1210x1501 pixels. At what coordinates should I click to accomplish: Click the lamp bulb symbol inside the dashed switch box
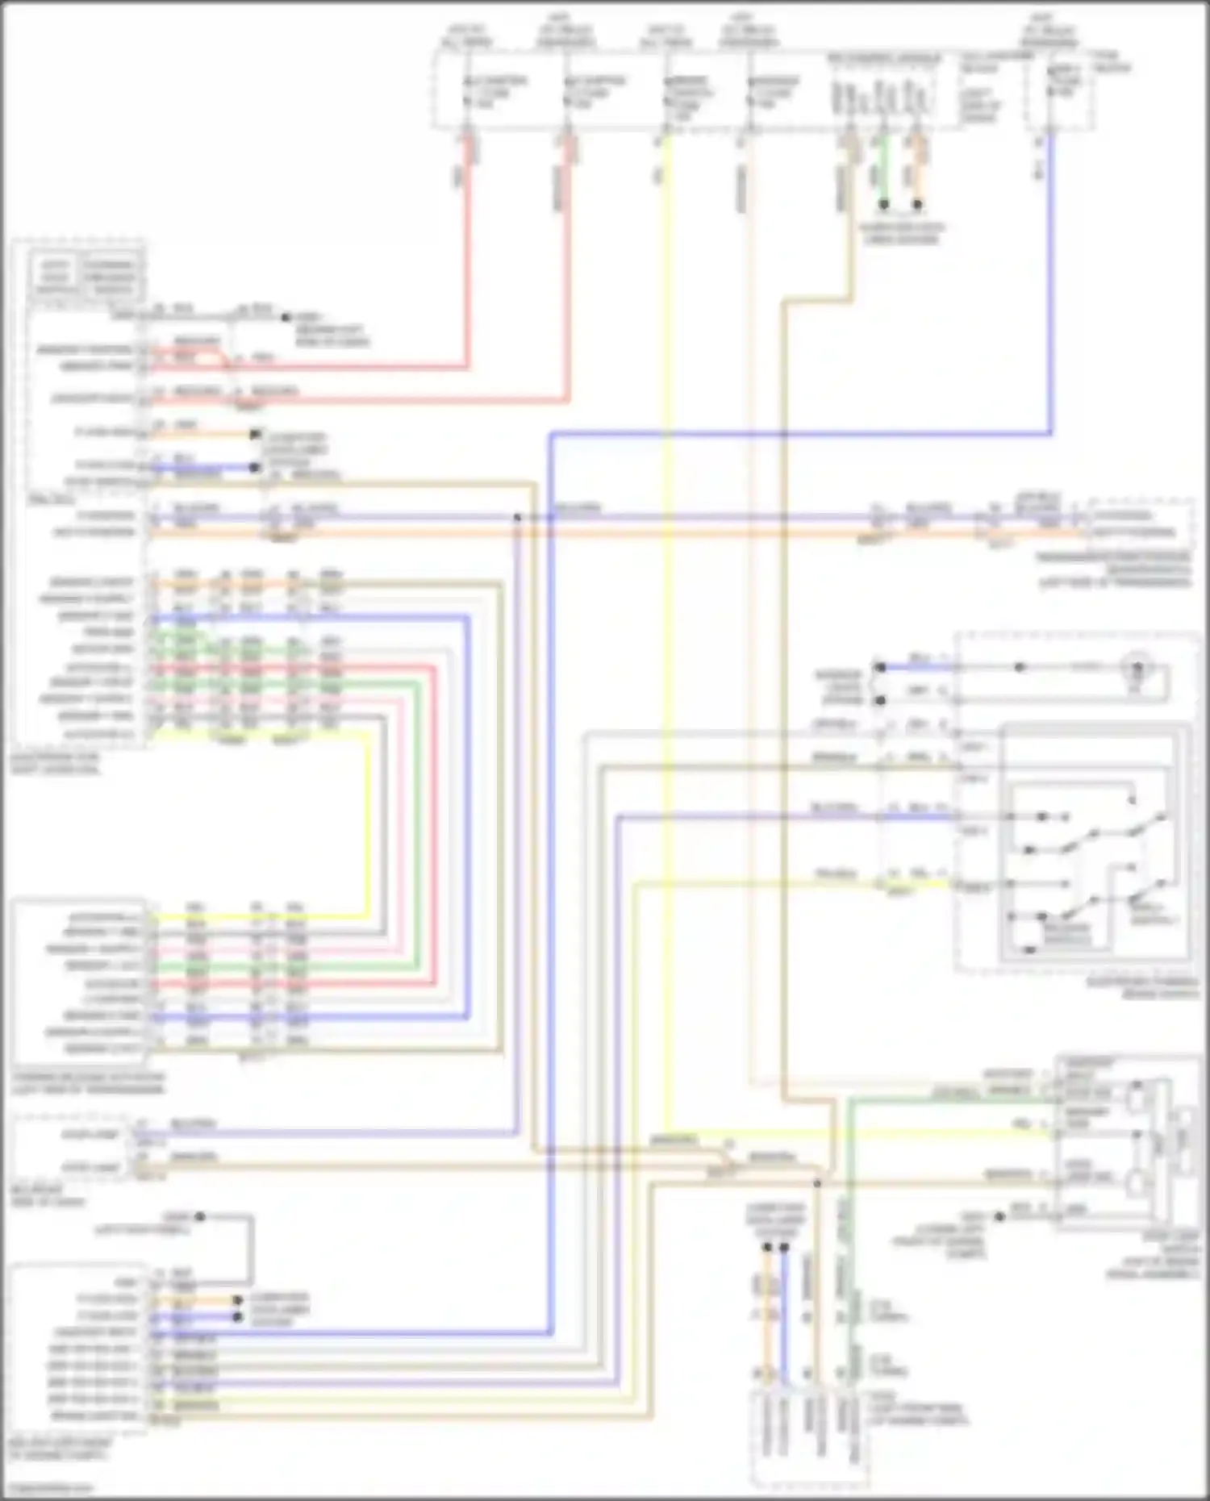[x=1138, y=669]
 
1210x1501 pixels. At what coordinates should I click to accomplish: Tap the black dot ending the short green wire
[x=883, y=205]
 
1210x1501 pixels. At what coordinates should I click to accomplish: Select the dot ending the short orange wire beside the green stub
[x=917, y=205]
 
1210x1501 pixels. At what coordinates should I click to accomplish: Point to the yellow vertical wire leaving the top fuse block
[x=666, y=565]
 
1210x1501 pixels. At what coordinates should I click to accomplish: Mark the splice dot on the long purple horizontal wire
[x=518, y=517]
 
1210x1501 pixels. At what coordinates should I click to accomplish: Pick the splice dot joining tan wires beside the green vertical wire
[x=817, y=1183]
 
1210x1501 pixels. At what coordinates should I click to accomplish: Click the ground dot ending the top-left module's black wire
[x=285, y=317]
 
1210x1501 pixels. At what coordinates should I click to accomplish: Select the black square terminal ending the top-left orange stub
[x=255, y=434]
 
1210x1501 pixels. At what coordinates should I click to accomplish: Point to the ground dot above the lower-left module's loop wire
[x=199, y=1216]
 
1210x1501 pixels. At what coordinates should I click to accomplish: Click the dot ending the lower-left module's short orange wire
[x=237, y=1300]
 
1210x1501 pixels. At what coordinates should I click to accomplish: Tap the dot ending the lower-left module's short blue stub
[x=237, y=1317]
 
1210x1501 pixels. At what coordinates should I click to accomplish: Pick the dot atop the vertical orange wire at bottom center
[x=767, y=1248]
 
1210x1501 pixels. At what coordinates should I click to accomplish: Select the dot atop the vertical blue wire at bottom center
[x=783, y=1248]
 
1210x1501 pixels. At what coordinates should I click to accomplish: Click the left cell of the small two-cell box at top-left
[x=55, y=277]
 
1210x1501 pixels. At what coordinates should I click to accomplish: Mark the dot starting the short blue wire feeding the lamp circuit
[x=880, y=668]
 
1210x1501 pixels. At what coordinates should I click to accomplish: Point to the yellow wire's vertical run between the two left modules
[x=369, y=823]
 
